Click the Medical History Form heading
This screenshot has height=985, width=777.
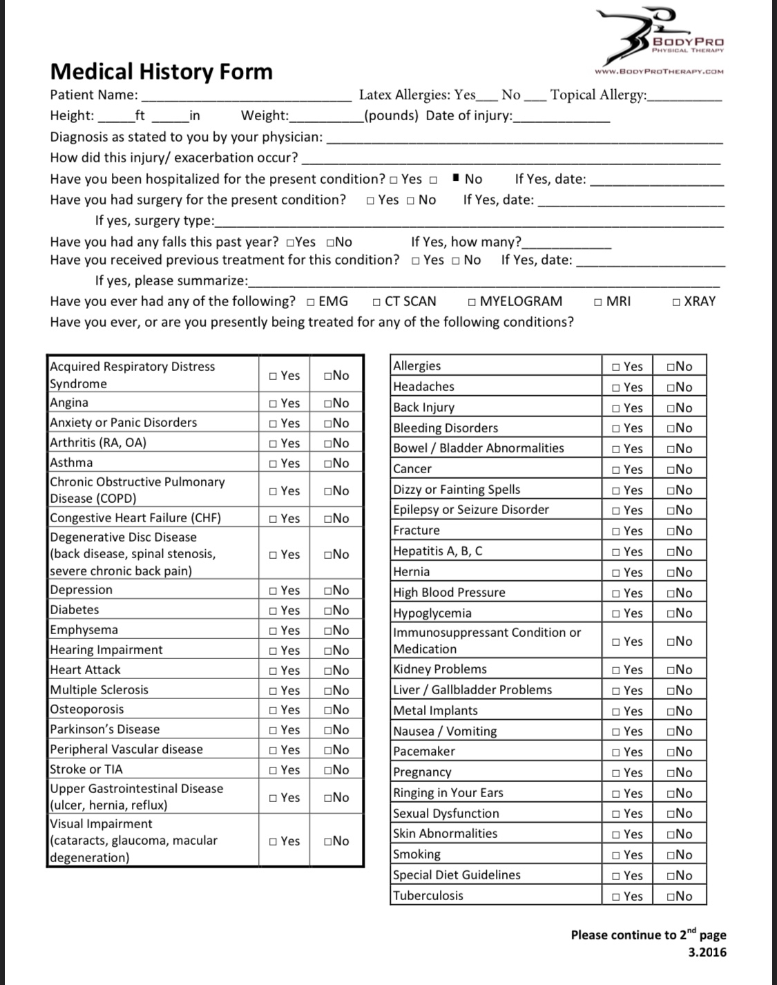pyautogui.click(x=161, y=72)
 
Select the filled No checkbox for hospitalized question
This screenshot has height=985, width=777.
pyautogui.click(x=456, y=179)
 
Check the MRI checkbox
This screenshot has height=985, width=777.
pyautogui.click(x=598, y=302)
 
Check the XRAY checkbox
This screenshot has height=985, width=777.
pyautogui.click(x=676, y=302)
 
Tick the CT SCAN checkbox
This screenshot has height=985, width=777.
pyautogui.click(x=376, y=302)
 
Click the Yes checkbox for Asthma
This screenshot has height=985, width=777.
pyautogui.click(x=274, y=463)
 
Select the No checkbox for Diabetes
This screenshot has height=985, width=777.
pyautogui.click(x=327, y=611)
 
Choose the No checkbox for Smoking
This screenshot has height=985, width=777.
pyautogui.click(x=671, y=855)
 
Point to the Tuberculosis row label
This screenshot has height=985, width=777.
pyautogui.click(x=428, y=896)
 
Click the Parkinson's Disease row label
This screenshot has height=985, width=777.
pyautogui.click(x=104, y=729)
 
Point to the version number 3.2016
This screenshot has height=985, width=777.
pyautogui.click(x=707, y=953)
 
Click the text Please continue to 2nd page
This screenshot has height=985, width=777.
pyautogui.click(x=648, y=935)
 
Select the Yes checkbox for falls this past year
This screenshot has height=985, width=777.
pyautogui.click(x=290, y=242)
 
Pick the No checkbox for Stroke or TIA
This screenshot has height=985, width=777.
pyautogui.click(x=327, y=770)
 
